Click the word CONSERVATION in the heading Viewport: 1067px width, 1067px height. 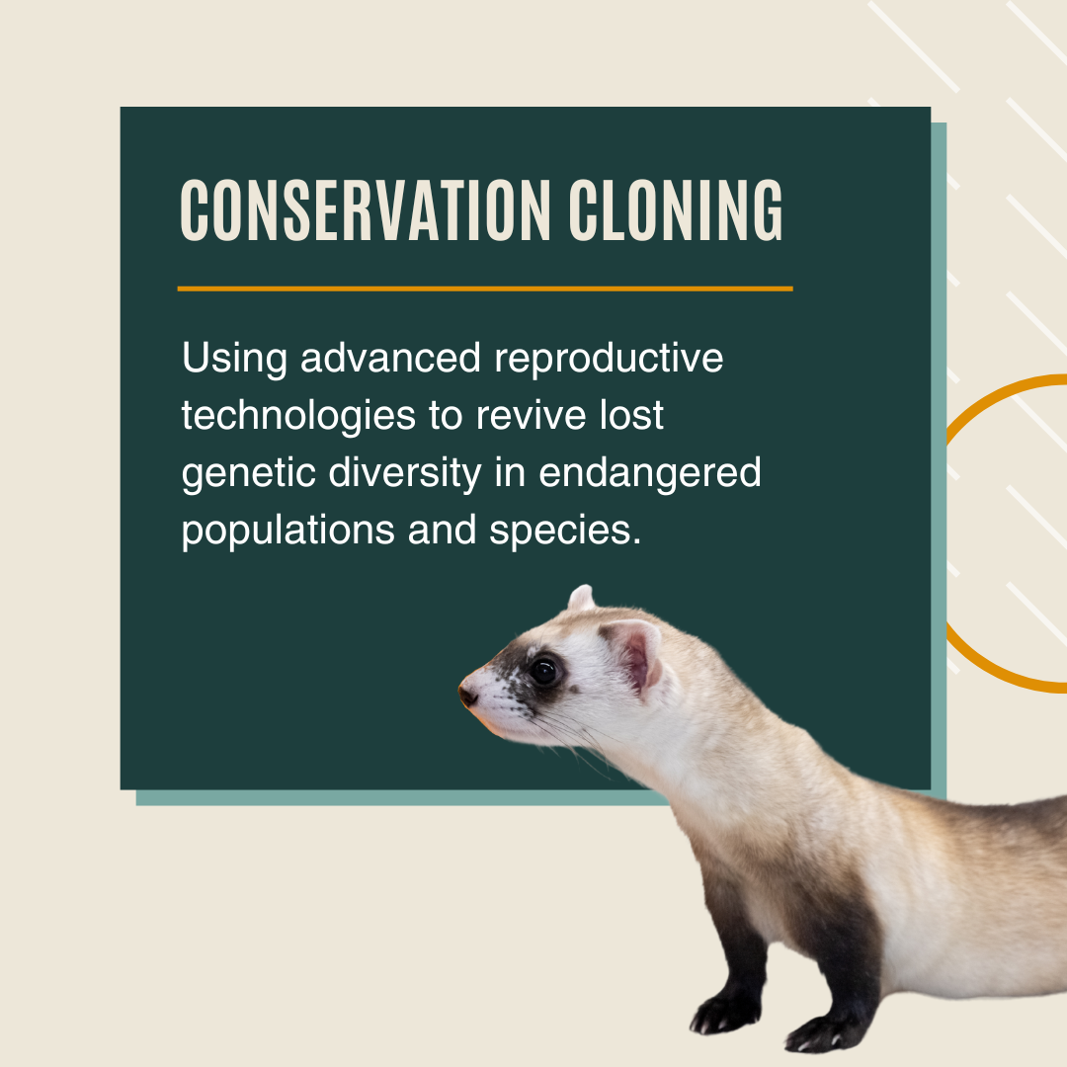click(x=366, y=210)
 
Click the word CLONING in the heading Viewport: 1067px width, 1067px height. click(x=677, y=210)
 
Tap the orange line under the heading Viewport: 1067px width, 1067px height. click(x=484, y=288)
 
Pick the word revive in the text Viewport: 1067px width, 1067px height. click(x=518, y=417)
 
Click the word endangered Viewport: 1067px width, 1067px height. click(x=650, y=475)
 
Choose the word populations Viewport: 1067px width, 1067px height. click(x=287, y=532)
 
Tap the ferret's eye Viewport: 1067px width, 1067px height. click(x=542, y=672)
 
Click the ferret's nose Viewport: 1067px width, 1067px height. click(x=466, y=696)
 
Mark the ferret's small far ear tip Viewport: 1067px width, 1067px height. click(x=582, y=596)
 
